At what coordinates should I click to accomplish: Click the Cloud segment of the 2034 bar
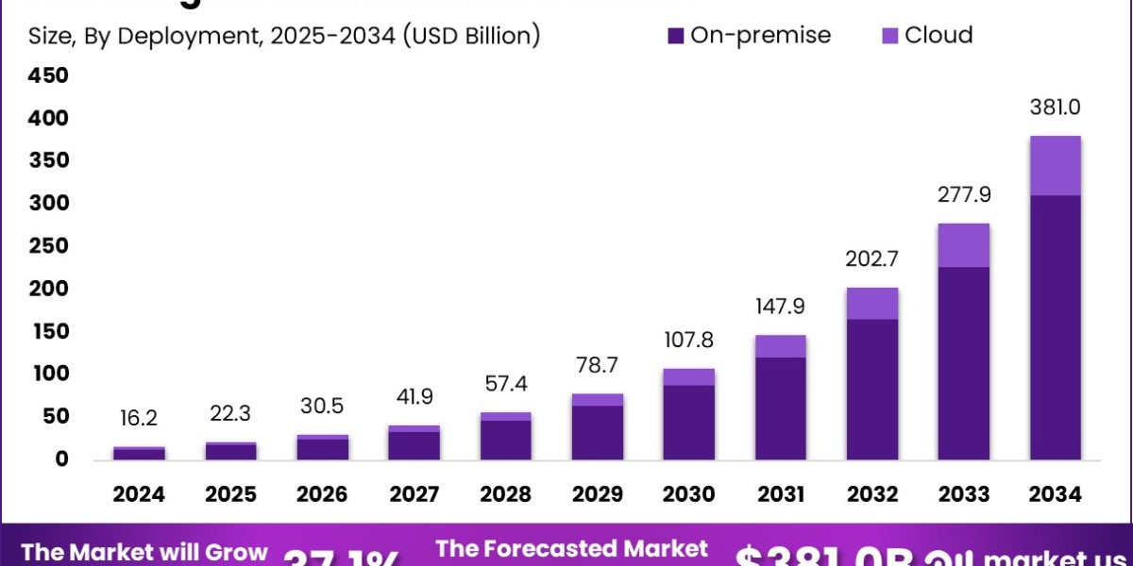[1055, 166]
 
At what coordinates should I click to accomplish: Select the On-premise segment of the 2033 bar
[963, 363]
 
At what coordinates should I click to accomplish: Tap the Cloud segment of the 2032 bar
[871, 303]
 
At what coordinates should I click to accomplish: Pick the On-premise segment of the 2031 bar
[779, 408]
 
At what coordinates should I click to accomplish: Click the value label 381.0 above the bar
[1055, 108]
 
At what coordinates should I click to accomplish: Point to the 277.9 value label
[963, 195]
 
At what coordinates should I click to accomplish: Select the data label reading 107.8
[687, 339]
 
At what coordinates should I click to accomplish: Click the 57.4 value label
[505, 383]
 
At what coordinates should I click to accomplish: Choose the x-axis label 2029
[597, 494]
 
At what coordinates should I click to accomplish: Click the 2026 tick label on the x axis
[322, 494]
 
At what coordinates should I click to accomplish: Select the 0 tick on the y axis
[60, 459]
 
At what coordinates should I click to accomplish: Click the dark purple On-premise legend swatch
[675, 36]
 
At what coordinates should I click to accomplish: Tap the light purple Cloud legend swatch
[889, 36]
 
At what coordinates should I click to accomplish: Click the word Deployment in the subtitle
[178, 36]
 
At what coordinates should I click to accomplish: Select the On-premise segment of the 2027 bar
[414, 445]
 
